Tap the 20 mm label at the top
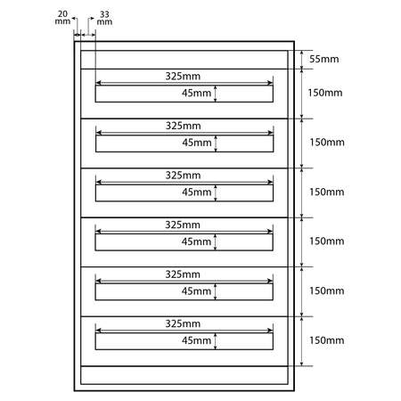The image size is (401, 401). [61, 18]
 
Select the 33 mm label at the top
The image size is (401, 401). [104, 18]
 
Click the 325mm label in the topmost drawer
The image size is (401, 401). [184, 77]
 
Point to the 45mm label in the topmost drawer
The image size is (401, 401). [197, 93]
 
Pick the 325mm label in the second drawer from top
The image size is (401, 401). [184, 126]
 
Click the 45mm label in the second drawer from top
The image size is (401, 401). [197, 142]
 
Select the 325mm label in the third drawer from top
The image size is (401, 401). [184, 176]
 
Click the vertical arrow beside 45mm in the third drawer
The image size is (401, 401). [217, 192]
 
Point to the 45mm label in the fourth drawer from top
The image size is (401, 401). [197, 241]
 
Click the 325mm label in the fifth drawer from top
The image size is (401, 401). [184, 274]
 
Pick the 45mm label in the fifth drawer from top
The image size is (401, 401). [197, 291]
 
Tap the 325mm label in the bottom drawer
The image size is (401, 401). [184, 323]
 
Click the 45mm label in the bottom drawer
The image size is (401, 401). [197, 340]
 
